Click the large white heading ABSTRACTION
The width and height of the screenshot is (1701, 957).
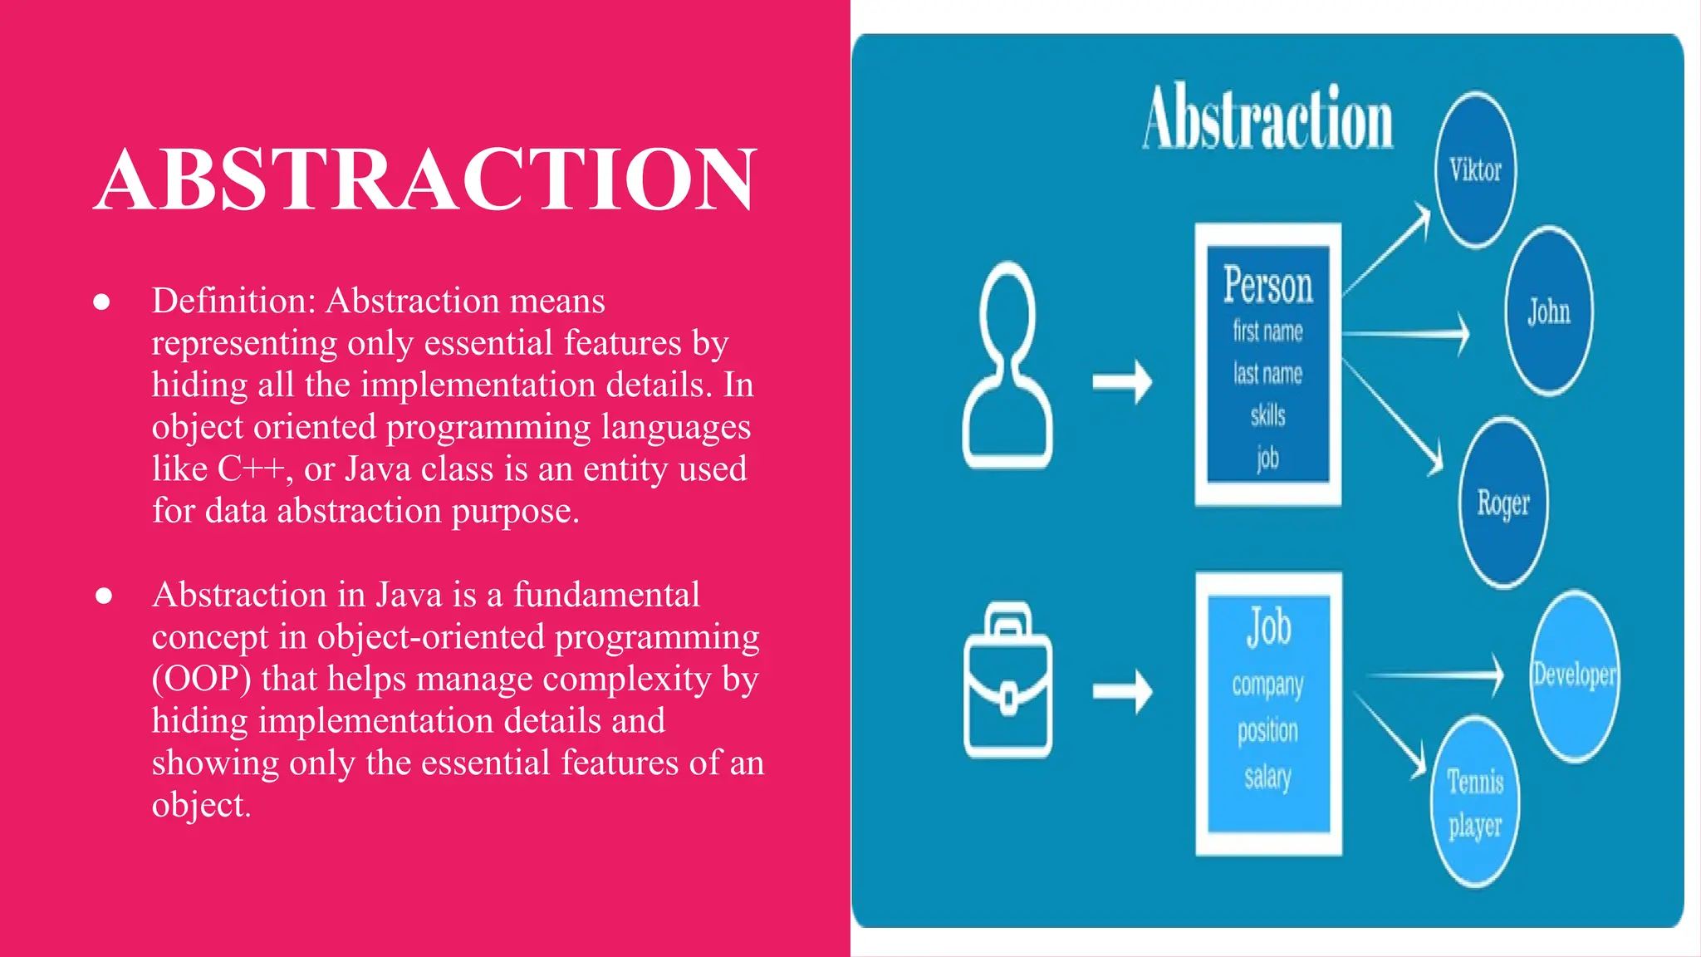coord(425,179)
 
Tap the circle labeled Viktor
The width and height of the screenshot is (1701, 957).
coord(1476,170)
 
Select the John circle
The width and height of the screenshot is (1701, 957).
coord(1549,312)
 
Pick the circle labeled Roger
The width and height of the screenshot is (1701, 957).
coord(1503,503)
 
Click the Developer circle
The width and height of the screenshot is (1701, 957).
coord(1575,675)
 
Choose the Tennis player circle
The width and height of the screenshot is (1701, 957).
coord(1476,802)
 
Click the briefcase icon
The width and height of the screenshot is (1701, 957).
coord(1007,681)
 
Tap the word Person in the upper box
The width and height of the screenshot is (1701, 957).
coord(1268,285)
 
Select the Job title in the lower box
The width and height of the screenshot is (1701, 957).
coord(1268,627)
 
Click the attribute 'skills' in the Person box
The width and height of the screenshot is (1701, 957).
coord(1268,415)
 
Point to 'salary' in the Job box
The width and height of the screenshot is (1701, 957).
coord(1268,778)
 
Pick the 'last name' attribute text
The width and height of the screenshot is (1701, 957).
coord(1268,374)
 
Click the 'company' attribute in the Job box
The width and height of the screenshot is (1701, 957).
coord(1268,685)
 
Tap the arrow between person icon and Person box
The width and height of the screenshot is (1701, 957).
coord(1122,382)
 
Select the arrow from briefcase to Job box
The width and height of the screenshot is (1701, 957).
coord(1122,691)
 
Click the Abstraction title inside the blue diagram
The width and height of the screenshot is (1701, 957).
coord(1268,119)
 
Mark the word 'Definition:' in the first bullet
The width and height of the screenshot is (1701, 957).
coord(233,301)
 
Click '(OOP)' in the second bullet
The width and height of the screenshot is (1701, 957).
coord(201,679)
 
